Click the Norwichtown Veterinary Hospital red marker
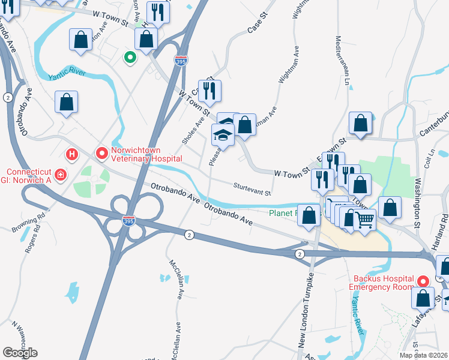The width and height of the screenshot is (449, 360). [x=102, y=154]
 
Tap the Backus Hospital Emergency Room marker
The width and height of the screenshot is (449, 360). [x=423, y=281]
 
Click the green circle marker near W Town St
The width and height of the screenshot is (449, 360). [x=129, y=58]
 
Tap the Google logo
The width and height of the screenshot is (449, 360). [x=20, y=352]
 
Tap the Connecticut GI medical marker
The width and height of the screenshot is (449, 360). [x=61, y=175]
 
